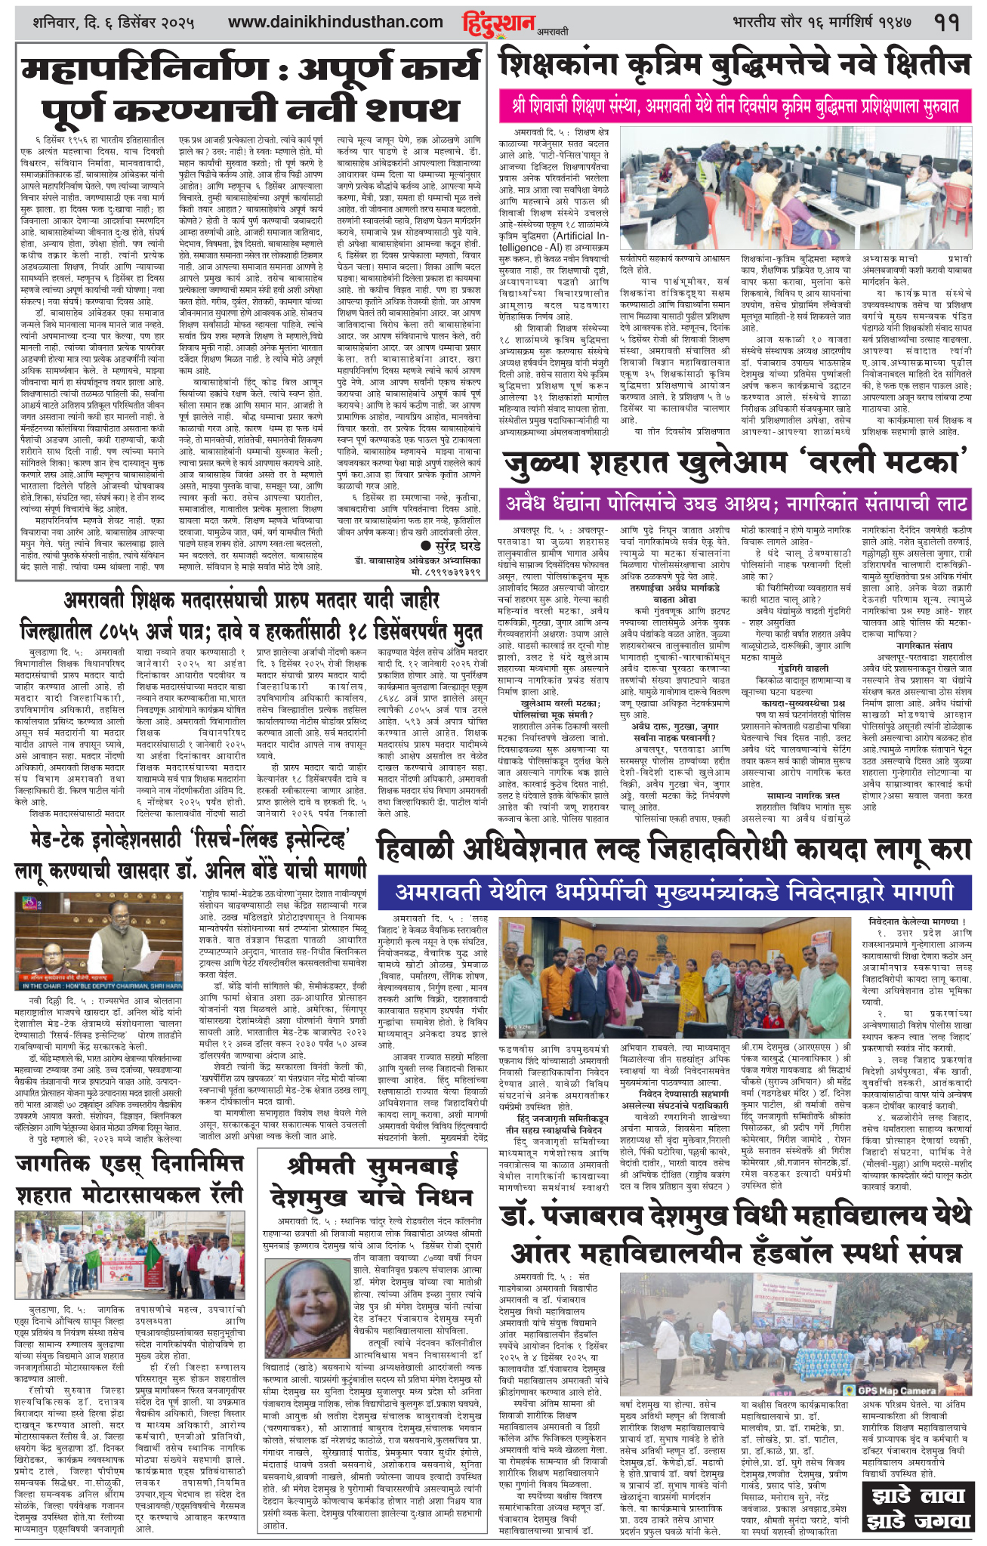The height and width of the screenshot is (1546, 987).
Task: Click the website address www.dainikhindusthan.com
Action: coord(335,22)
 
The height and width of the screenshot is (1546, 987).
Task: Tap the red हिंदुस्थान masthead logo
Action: coord(498,23)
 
